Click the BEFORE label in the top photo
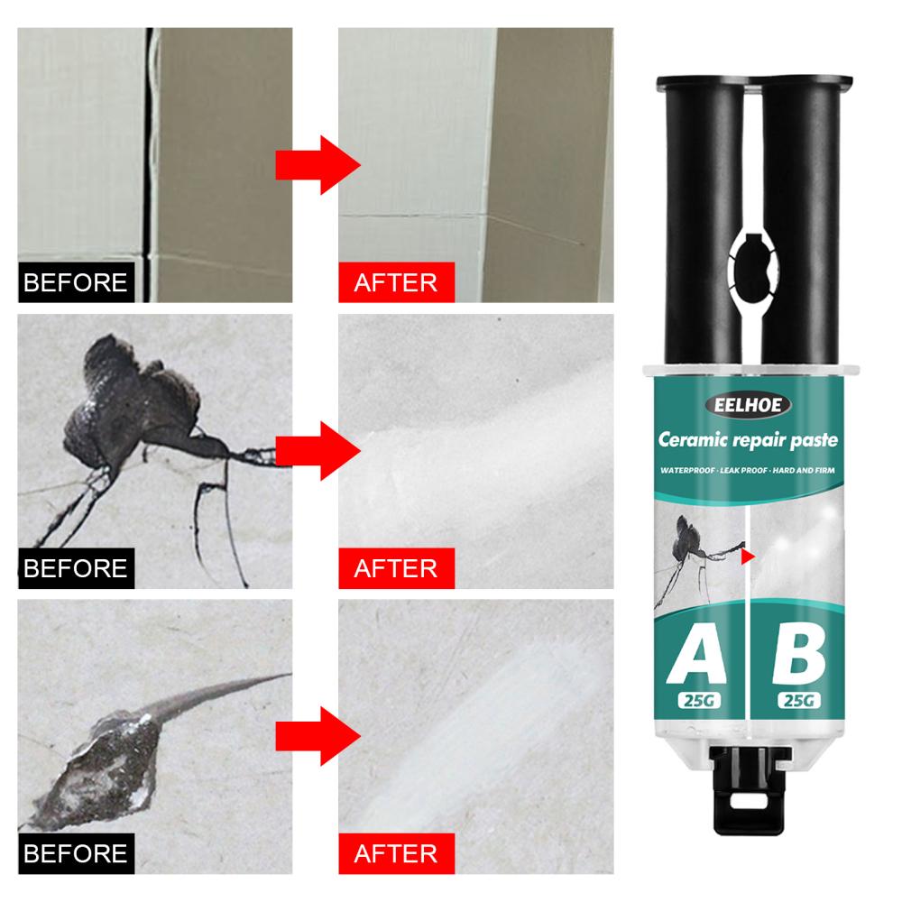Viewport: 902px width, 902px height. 75,281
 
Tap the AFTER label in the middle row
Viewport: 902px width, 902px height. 396,568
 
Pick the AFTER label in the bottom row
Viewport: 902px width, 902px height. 396,852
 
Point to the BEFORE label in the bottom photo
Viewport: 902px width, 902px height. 75,852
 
